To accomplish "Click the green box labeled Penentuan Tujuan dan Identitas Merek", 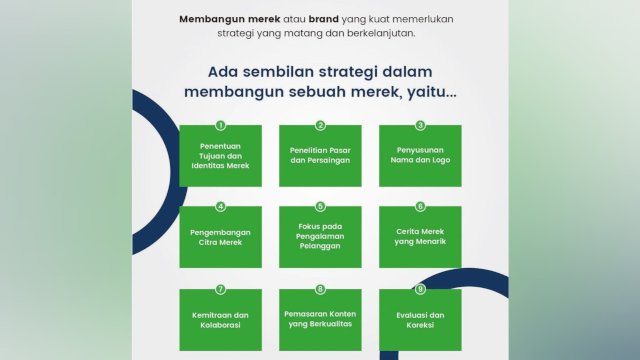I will click(x=220, y=156).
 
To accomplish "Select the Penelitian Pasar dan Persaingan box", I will click(x=320, y=156).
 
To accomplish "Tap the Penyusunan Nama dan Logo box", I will click(x=420, y=156).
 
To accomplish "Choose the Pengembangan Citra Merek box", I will click(x=220, y=238).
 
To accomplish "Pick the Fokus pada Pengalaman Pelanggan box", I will click(x=320, y=238).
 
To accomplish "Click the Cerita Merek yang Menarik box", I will click(x=420, y=238).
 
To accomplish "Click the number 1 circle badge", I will click(x=220, y=125).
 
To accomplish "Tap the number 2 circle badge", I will click(x=320, y=125).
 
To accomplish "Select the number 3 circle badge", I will click(x=420, y=125).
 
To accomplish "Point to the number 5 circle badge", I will click(x=320, y=207).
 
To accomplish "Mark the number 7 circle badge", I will click(x=220, y=289).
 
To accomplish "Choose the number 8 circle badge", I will click(x=320, y=289).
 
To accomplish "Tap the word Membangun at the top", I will click(x=210, y=18).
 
